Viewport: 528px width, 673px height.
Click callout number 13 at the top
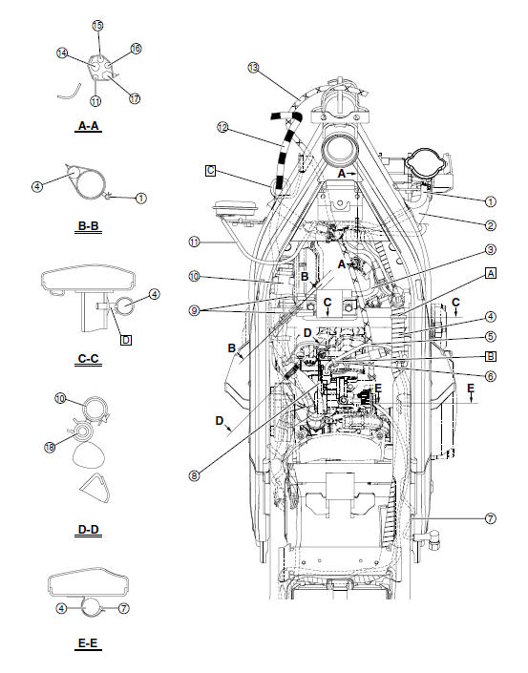[x=253, y=68]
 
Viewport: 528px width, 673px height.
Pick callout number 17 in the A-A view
[x=133, y=98]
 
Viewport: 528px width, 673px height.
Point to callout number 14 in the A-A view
[x=62, y=54]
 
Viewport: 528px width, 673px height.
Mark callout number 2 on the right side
[x=490, y=225]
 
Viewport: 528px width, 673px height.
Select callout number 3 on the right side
[x=490, y=249]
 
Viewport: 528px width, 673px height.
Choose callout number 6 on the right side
[x=490, y=376]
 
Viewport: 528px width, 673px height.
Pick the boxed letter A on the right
[x=491, y=272]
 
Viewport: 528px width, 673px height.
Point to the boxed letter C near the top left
[x=210, y=171]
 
